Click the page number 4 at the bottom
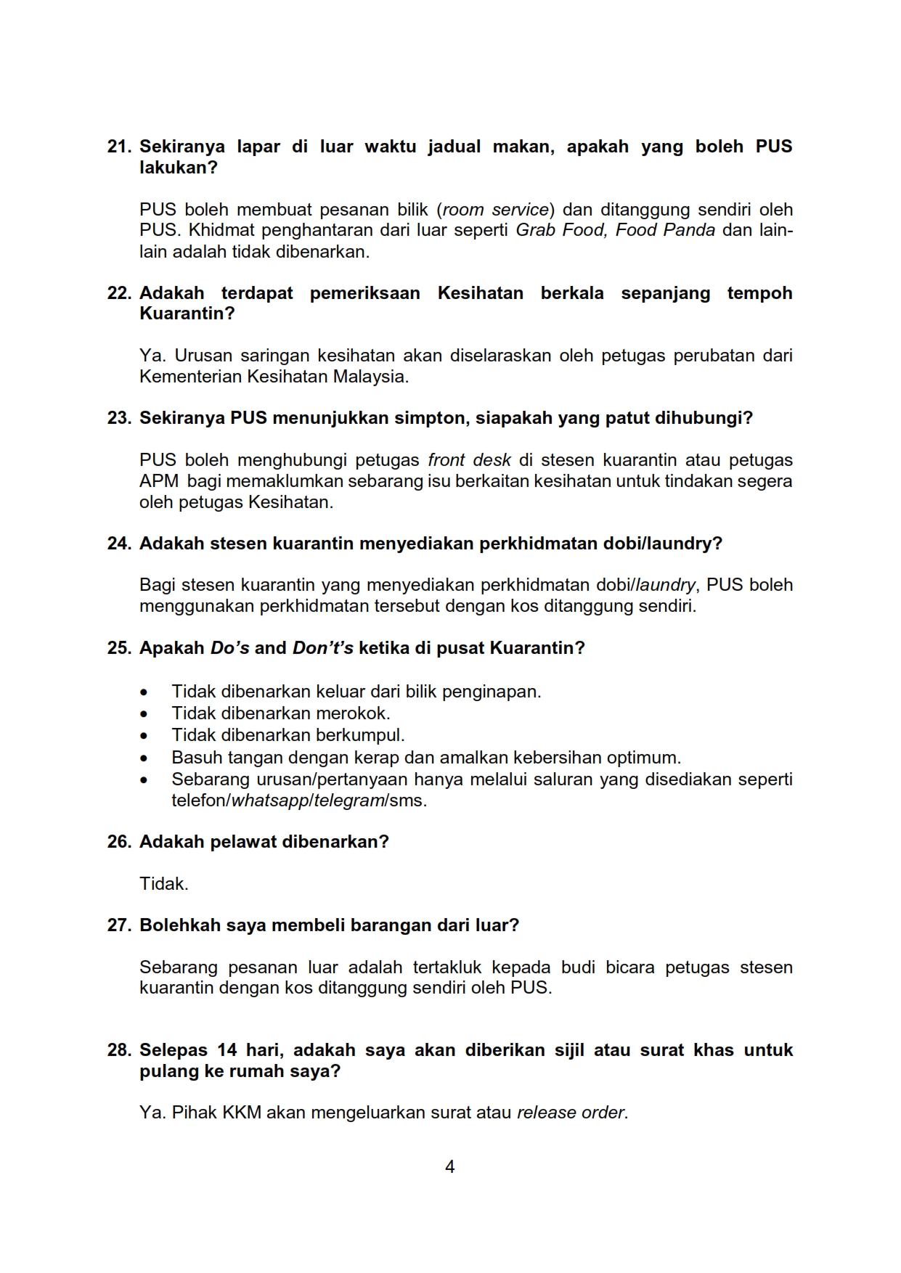coord(450,1167)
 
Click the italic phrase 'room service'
coord(496,210)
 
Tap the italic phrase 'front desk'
coord(469,460)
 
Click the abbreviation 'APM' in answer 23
coord(159,481)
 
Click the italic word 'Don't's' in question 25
coord(322,648)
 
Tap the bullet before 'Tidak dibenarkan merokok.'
coord(144,714)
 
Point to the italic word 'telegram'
coord(348,801)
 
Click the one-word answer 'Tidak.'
coord(164,884)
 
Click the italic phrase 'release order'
coord(571,1113)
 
